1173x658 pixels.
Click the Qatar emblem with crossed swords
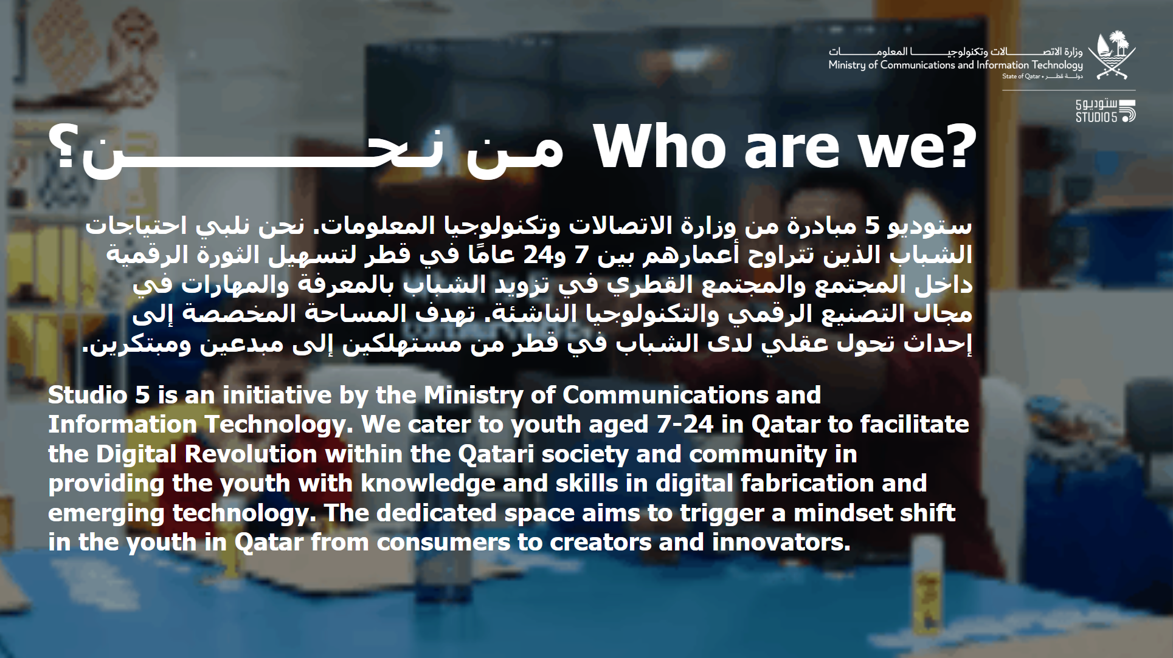pos(1112,56)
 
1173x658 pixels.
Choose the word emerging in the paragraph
pos(106,514)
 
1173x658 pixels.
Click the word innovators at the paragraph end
pos(781,543)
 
